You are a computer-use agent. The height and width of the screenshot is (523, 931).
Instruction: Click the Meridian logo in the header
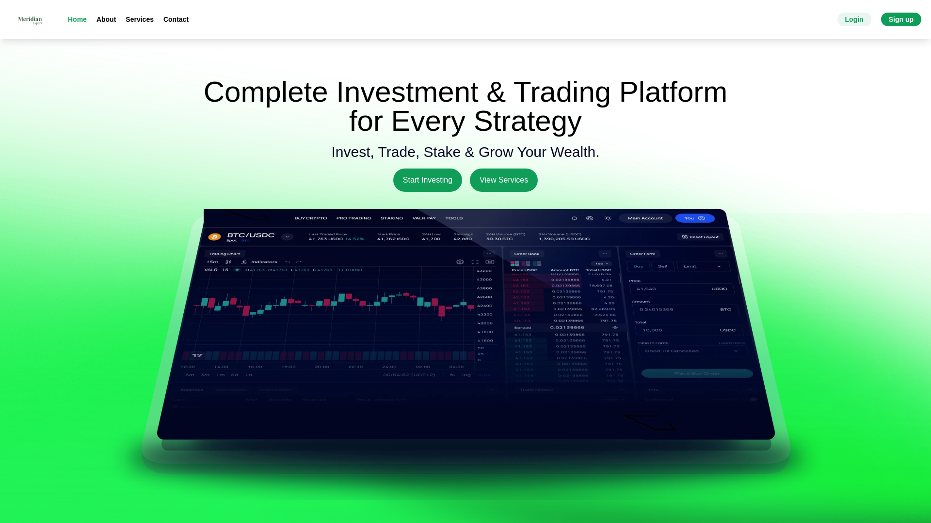pos(30,20)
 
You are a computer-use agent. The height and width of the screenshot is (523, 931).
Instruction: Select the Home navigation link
pos(77,19)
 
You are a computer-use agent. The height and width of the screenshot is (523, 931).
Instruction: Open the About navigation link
pos(106,19)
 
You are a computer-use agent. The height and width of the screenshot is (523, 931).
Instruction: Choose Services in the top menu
pos(140,19)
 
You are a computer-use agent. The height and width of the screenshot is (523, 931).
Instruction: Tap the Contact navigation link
pos(176,19)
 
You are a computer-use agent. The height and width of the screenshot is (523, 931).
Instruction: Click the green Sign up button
pos(901,19)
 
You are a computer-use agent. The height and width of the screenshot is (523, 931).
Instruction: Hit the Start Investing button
pos(428,180)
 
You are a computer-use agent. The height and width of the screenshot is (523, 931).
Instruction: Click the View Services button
pos(504,180)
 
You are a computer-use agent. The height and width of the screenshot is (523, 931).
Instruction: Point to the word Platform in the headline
pos(673,92)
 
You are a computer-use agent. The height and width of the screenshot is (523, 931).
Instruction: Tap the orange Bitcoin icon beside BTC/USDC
pos(214,237)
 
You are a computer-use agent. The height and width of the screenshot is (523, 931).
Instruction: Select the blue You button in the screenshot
pos(695,218)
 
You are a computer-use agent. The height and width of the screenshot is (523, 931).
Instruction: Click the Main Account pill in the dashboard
pos(645,218)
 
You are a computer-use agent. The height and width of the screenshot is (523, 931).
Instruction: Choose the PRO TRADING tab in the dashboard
pos(353,218)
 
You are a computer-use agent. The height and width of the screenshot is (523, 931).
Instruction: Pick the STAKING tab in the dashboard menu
pos(392,218)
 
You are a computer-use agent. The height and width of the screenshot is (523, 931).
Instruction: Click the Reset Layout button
pos(700,237)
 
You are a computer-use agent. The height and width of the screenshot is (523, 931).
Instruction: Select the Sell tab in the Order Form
pos(662,266)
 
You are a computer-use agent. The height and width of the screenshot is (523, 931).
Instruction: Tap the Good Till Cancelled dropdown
pos(692,351)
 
